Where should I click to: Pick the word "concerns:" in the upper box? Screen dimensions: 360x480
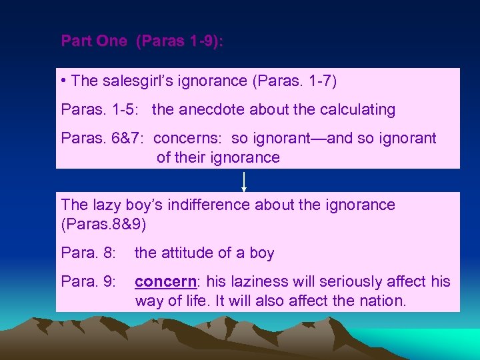coord(189,139)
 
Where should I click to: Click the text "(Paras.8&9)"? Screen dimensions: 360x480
coord(103,223)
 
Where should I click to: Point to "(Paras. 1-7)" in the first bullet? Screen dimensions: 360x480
coord(295,81)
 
